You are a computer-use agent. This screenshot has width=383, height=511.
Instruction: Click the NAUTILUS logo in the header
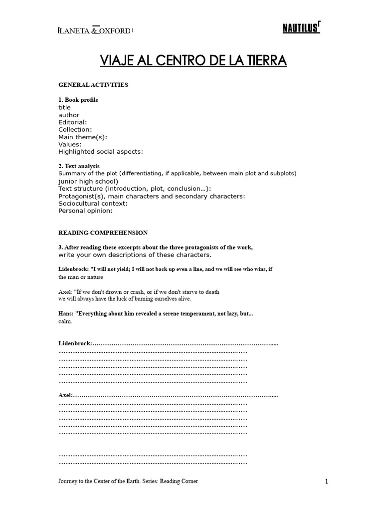tap(301, 29)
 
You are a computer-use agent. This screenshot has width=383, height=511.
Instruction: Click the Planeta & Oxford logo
tap(95, 31)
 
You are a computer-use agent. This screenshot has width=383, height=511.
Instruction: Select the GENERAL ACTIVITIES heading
tap(93, 85)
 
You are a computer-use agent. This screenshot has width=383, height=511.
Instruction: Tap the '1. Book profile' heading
tap(78, 100)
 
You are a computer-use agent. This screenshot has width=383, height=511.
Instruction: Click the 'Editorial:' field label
tap(73, 122)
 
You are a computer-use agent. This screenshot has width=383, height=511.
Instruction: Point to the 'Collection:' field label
tap(75, 130)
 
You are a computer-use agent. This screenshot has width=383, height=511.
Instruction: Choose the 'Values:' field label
tap(70, 144)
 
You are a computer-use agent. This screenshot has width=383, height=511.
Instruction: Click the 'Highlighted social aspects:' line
tap(101, 152)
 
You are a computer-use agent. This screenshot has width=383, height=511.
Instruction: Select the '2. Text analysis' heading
tap(79, 166)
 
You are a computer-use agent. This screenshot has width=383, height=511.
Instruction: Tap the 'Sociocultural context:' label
tap(93, 204)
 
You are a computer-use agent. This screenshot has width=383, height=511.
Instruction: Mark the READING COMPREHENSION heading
tap(103, 233)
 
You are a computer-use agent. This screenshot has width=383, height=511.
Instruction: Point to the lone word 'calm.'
tap(65, 321)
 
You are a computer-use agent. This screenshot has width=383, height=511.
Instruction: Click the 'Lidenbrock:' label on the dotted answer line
tap(75, 344)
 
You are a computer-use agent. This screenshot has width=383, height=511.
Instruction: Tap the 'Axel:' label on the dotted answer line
tap(66, 395)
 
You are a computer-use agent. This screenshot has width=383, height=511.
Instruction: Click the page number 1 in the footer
tap(326, 482)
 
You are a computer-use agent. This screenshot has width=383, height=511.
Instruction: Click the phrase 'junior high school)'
tap(88, 181)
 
